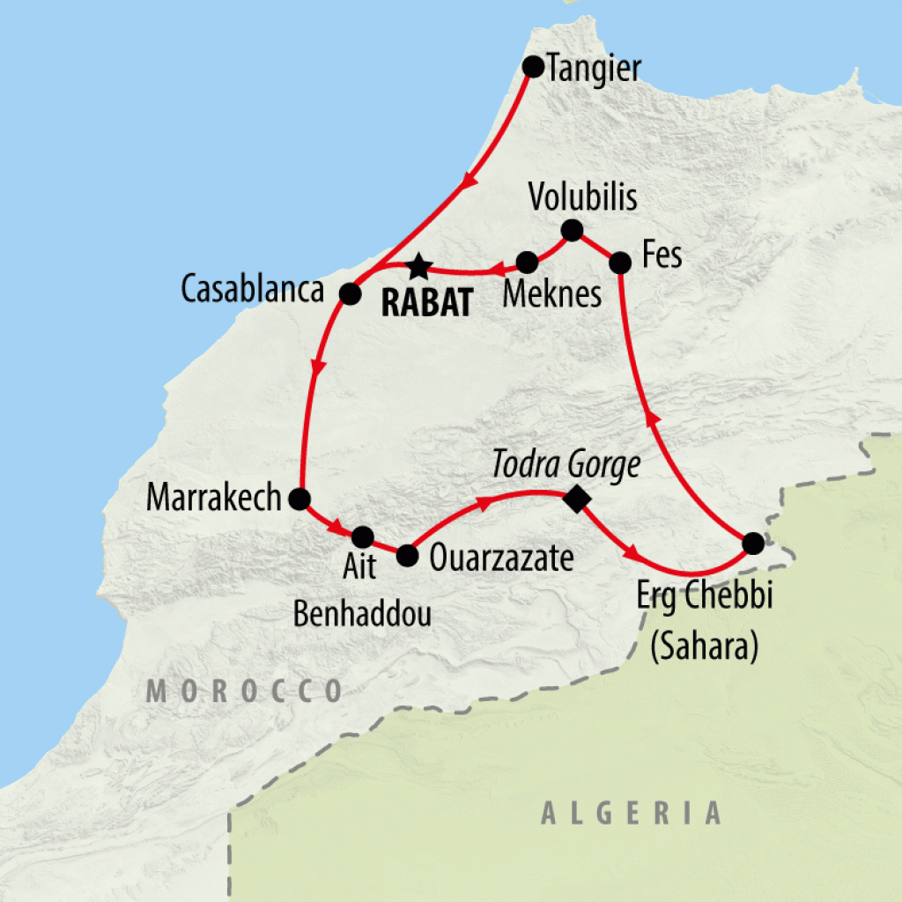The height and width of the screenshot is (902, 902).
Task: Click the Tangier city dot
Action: (x=532, y=67)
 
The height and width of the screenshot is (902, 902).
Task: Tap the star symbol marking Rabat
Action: (x=419, y=264)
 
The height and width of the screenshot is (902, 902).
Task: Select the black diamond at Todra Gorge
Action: (x=576, y=499)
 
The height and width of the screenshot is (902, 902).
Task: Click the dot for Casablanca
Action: (x=351, y=293)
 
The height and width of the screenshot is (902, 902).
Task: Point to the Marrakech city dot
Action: (x=299, y=499)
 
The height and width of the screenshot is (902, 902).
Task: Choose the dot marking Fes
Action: (x=620, y=262)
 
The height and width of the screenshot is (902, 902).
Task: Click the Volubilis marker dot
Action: (x=572, y=231)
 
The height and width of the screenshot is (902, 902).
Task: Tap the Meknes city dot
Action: (x=527, y=262)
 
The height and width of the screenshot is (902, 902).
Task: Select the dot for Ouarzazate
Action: (x=407, y=555)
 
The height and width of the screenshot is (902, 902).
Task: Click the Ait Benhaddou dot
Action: (x=363, y=536)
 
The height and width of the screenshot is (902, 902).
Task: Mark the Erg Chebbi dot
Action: (x=751, y=543)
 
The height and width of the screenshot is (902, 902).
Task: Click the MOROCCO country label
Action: (x=245, y=691)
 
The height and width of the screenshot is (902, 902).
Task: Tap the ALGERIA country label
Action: (x=632, y=812)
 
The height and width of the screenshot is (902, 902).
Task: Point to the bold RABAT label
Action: (x=425, y=302)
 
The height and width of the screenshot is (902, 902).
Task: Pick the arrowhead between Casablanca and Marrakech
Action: (x=318, y=364)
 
